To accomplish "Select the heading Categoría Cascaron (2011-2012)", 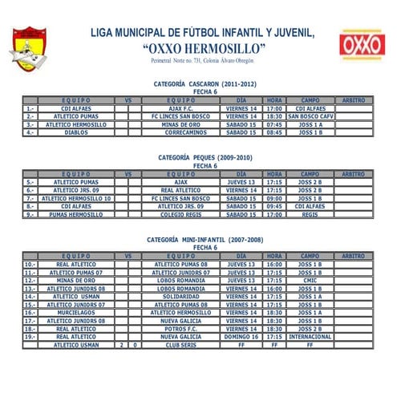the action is click(205, 83).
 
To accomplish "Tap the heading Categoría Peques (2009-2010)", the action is click(205, 158).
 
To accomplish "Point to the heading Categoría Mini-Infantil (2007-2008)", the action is click(205, 240).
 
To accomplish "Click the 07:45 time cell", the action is click(275, 124).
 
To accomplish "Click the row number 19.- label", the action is click(30, 337).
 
